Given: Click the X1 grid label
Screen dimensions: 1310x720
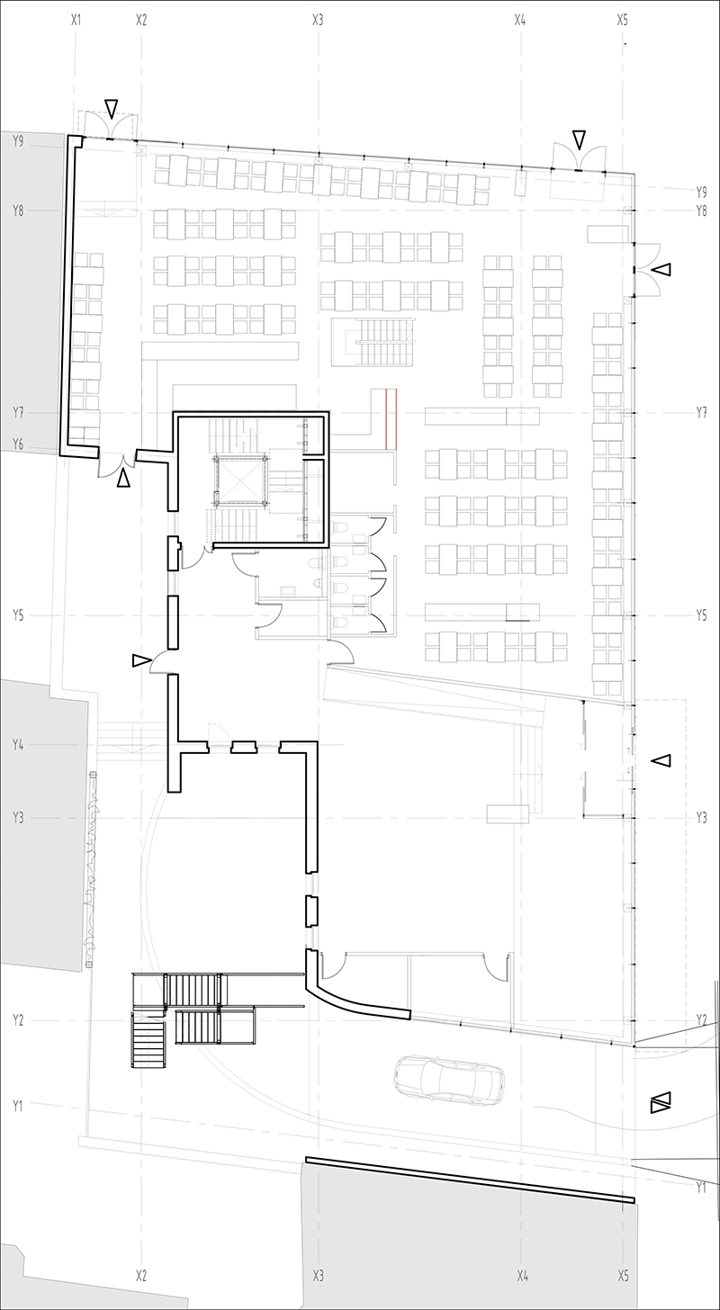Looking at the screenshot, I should click(76, 19).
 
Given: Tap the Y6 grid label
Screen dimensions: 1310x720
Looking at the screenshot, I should click(18, 444).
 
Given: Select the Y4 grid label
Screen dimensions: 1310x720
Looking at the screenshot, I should click(18, 744).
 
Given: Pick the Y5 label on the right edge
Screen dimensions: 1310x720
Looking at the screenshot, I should click(702, 615).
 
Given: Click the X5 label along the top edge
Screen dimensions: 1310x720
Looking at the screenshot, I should click(623, 19).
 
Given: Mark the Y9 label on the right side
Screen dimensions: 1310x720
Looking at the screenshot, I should click(702, 192).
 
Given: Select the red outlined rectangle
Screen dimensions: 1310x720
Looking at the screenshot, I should click(391, 418).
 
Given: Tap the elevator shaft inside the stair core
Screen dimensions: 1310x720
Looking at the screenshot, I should click(239, 479).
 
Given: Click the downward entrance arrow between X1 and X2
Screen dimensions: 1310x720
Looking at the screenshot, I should click(111, 109).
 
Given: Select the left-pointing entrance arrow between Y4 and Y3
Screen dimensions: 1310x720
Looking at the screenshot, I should click(662, 761).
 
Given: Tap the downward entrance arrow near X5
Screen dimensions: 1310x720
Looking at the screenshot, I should click(579, 140).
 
